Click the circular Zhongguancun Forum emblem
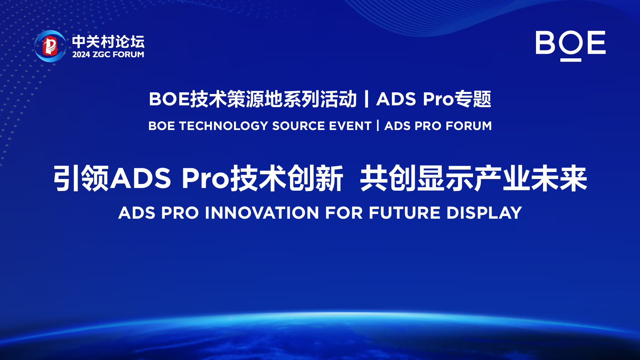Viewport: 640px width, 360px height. point(50,46)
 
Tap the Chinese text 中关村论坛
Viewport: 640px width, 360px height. point(108,42)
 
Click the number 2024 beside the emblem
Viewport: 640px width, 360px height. point(81,55)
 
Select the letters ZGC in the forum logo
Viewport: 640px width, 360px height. point(101,55)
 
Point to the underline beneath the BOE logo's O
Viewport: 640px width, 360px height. point(571,60)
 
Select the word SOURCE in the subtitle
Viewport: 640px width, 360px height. point(298,126)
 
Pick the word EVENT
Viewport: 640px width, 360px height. point(350,126)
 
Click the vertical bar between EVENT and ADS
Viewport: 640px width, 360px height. point(378,126)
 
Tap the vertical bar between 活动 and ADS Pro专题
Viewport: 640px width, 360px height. point(367,99)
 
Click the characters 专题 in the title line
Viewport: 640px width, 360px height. point(473,99)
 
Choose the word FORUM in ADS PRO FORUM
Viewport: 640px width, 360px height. point(469,126)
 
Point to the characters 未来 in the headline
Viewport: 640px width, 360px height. point(559,179)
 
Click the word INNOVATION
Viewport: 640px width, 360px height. point(262,213)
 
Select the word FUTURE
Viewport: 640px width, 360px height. point(405,213)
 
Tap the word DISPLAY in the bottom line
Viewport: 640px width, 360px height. point(484,213)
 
